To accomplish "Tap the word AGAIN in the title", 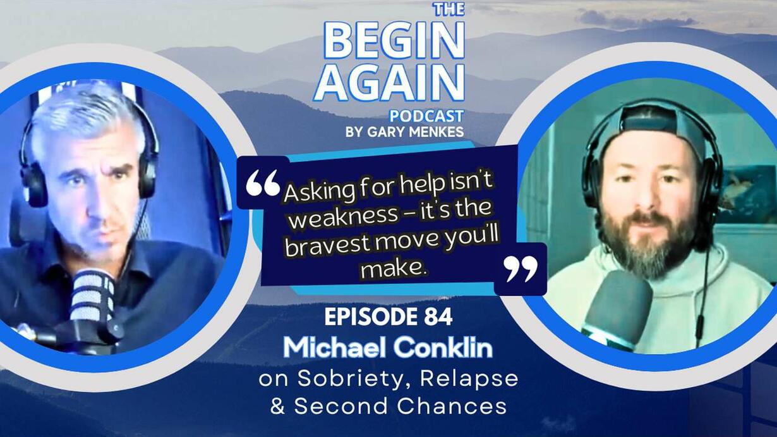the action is point(389,83).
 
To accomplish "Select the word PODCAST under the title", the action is point(426,116).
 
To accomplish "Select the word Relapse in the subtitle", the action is point(469,378).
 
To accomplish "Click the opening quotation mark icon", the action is point(263,183).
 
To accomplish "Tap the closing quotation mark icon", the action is point(521,269).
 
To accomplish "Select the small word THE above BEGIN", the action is point(450,9).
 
